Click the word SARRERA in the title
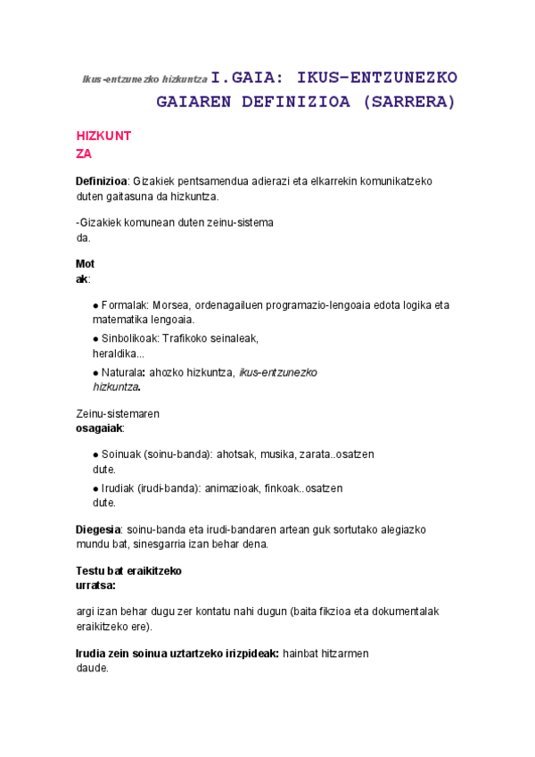coord(412,102)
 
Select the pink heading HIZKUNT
coord(103,137)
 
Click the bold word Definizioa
coord(102,181)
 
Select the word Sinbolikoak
coord(130,338)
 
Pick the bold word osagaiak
coord(99,428)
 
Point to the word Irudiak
coord(120,488)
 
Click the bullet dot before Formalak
coord(95,305)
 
